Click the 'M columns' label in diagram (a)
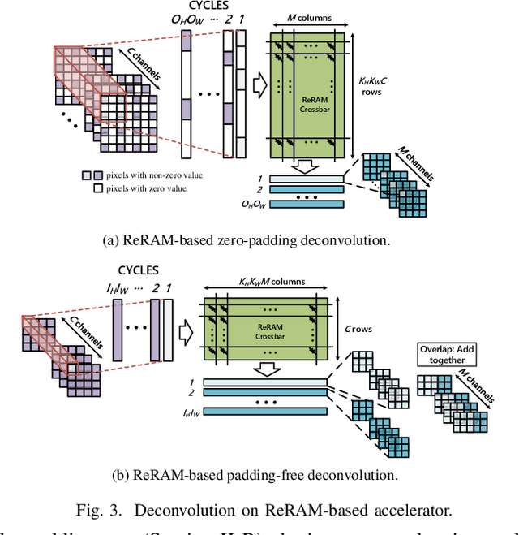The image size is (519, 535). point(309,17)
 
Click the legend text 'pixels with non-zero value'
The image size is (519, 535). point(155,175)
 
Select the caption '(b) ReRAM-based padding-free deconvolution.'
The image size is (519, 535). point(259,475)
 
